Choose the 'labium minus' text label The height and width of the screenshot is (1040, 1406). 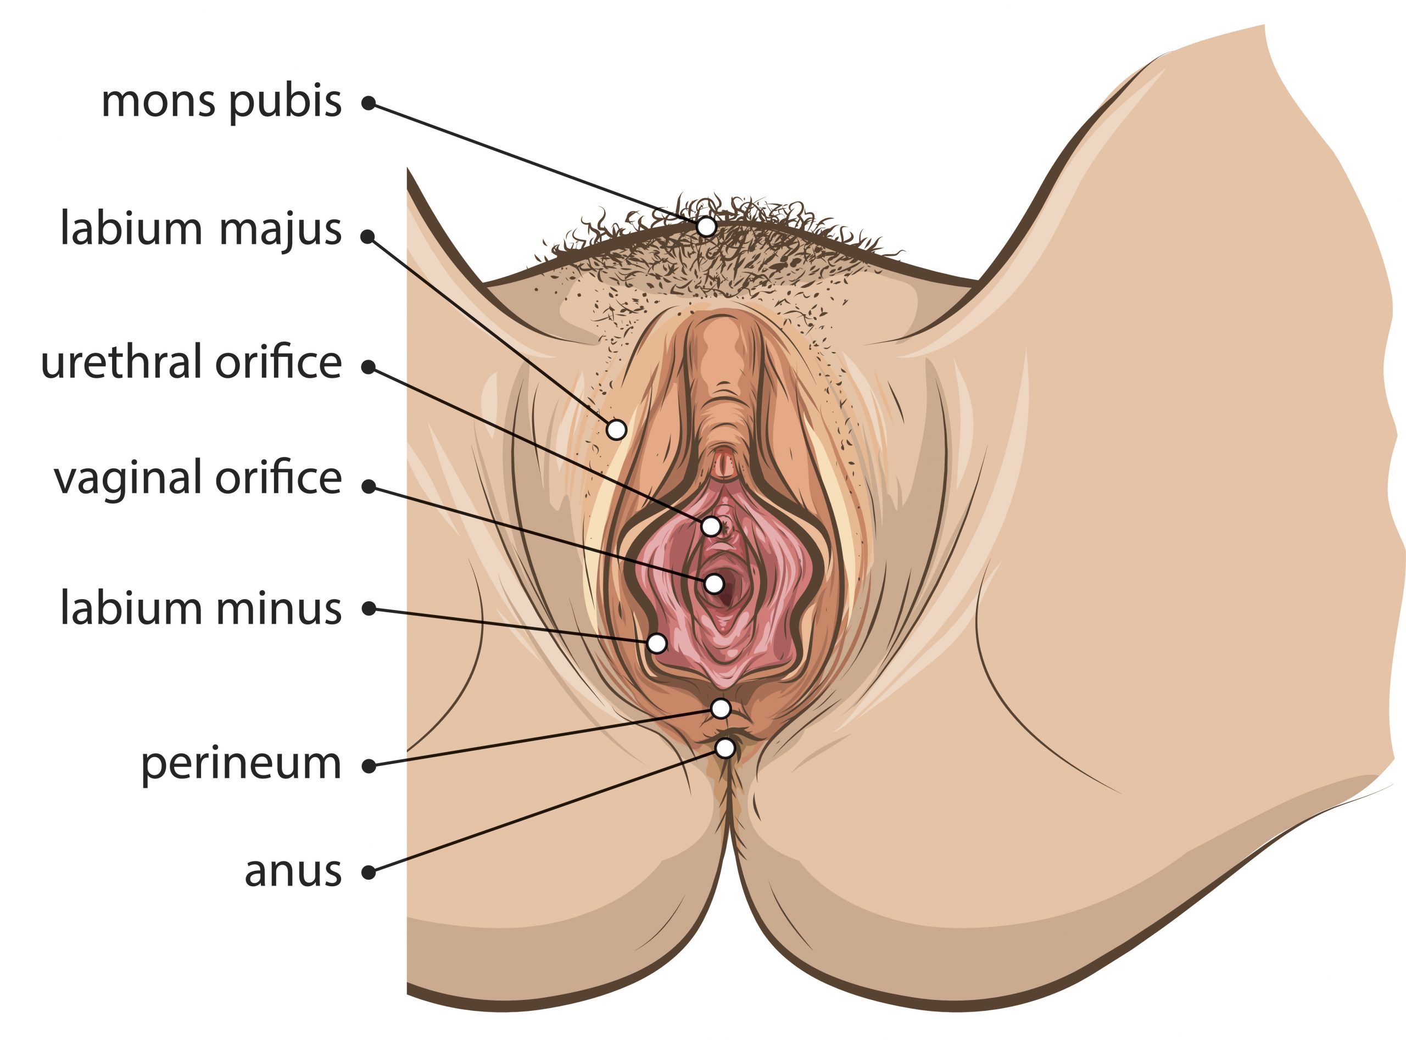click(x=201, y=608)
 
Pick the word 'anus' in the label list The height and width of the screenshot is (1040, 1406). click(x=293, y=872)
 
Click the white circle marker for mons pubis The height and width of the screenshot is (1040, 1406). click(x=707, y=226)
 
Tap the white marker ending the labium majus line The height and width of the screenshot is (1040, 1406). click(x=617, y=430)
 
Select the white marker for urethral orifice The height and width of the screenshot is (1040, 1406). click(x=711, y=526)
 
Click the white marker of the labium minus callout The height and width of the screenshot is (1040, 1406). click(x=657, y=644)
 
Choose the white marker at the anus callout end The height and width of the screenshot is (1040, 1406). click(x=726, y=748)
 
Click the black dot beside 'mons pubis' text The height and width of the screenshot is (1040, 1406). click(x=369, y=103)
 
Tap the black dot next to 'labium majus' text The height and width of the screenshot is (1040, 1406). click(x=368, y=236)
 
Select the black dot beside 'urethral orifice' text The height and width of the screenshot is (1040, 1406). click(x=369, y=367)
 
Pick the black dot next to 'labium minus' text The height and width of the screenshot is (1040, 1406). click(x=370, y=609)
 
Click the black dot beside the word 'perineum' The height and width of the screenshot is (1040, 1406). click(x=370, y=766)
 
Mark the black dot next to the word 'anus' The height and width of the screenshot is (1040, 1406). click(x=370, y=873)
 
